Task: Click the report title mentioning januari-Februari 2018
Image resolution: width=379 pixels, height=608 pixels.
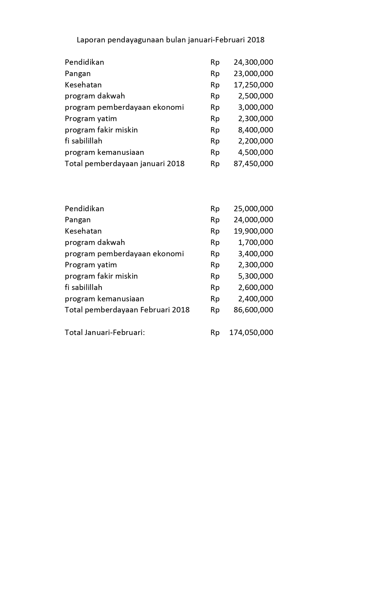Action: (170, 40)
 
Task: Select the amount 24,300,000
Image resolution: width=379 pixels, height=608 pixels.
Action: (253, 62)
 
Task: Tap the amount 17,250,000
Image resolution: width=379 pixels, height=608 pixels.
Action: (253, 85)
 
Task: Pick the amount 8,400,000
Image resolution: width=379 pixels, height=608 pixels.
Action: (255, 130)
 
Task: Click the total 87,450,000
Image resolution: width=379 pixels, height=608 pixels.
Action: (253, 164)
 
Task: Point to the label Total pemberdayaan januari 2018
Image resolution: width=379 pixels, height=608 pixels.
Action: (124, 164)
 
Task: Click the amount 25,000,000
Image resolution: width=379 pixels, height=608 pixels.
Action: (253, 209)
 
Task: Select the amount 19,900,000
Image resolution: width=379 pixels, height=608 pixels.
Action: (253, 231)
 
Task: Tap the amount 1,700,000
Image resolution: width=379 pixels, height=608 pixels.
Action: (255, 243)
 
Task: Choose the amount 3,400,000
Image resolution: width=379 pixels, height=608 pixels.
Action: (255, 254)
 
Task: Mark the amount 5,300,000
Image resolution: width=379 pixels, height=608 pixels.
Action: (255, 276)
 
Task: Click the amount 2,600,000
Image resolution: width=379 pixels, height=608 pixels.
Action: (255, 288)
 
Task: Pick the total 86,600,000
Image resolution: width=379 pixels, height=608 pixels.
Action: (253, 310)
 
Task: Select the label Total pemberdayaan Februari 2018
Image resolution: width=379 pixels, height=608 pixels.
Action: (127, 310)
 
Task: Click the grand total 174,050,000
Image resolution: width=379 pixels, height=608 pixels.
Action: (251, 333)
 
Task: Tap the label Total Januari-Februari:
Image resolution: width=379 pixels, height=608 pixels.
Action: (105, 333)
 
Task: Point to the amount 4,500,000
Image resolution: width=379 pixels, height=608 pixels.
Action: (255, 152)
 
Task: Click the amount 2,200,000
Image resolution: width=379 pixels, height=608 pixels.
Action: (255, 141)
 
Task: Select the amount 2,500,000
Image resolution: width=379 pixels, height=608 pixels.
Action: (255, 96)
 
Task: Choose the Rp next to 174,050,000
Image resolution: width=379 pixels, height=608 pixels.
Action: (215, 333)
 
